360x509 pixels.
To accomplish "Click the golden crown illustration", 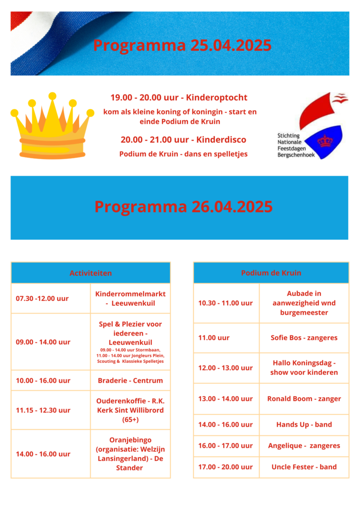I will click(x=52, y=127).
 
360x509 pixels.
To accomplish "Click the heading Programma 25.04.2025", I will click(x=182, y=45).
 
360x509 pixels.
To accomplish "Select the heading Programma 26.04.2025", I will click(x=183, y=206).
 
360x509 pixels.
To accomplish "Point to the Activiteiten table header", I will click(x=90, y=273).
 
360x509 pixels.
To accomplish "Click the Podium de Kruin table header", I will click(x=271, y=273).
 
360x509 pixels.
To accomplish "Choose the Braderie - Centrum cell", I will click(x=130, y=381).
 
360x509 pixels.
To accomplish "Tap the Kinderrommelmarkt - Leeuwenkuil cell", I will click(x=130, y=298).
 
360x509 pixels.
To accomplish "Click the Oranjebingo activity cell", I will click(x=130, y=454).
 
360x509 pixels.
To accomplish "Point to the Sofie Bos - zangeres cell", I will click(x=304, y=338).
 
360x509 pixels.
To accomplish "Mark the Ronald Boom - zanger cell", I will click(x=304, y=399).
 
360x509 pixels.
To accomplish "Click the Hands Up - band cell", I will click(x=304, y=424).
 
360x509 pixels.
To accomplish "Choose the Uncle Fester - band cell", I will click(x=304, y=467).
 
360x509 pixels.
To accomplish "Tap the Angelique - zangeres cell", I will click(x=304, y=446).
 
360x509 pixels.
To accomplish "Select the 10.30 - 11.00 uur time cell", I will click(x=225, y=303).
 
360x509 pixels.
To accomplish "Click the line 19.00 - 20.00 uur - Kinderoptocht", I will click(x=179, y=97).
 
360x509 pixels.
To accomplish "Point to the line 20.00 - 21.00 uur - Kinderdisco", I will click(x=183, y=140).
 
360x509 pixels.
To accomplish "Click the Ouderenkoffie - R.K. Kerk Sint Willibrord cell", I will click(x=130, y=410).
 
